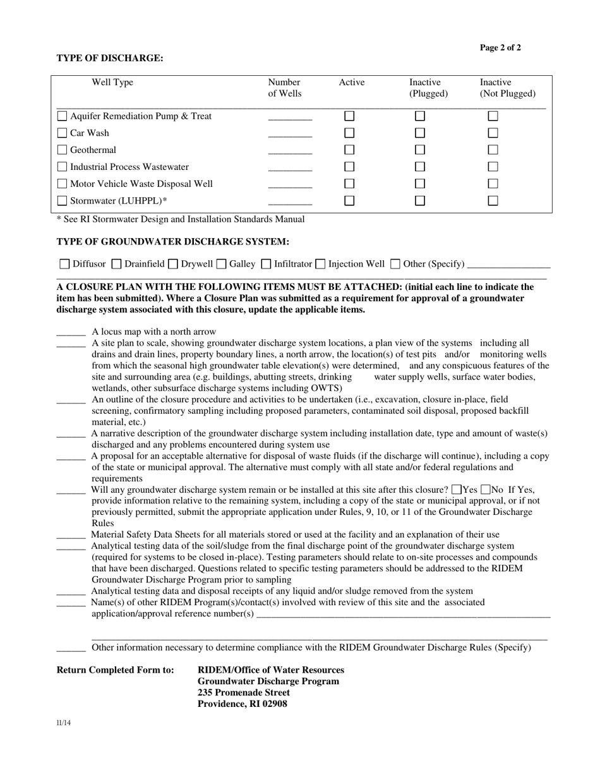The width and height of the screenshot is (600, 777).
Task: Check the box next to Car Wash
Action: (x=62, y=133)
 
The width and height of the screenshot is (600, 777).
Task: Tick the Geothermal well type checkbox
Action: (x=62, y=150)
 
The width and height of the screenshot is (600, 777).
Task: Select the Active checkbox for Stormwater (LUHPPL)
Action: (x=349, y=201)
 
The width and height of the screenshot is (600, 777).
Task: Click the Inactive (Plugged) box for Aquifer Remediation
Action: (x=420, y=116)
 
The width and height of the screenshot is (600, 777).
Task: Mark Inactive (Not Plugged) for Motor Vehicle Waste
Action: (x=493, y=184)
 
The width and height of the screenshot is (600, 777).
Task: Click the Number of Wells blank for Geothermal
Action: (x=290, y=151)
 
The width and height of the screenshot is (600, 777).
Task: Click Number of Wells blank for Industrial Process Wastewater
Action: (x=290, y=168)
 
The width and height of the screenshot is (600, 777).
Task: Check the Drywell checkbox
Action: (x=172, y=264)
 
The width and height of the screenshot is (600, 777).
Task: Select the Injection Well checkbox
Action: (x=320, y=264)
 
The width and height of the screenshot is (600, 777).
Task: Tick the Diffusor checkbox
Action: (x=64, y=264)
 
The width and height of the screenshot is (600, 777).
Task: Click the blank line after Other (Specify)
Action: (x=509, y=265)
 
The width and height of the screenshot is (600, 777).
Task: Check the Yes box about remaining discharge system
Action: (x=457, y=490)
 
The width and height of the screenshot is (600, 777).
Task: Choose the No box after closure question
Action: (x=486, y=490)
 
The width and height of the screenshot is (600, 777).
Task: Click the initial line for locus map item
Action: (x=71, y=333)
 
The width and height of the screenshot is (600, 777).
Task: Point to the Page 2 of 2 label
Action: (x=500, y=48)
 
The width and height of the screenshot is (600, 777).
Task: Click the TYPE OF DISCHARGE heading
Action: (x=110, y=58)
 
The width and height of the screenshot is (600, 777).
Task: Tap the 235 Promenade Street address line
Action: (x=244, y=692)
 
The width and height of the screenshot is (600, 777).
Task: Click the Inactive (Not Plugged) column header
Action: (x=507, y=88)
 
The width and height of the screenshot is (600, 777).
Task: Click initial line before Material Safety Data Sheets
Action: (x=71, y=536)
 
